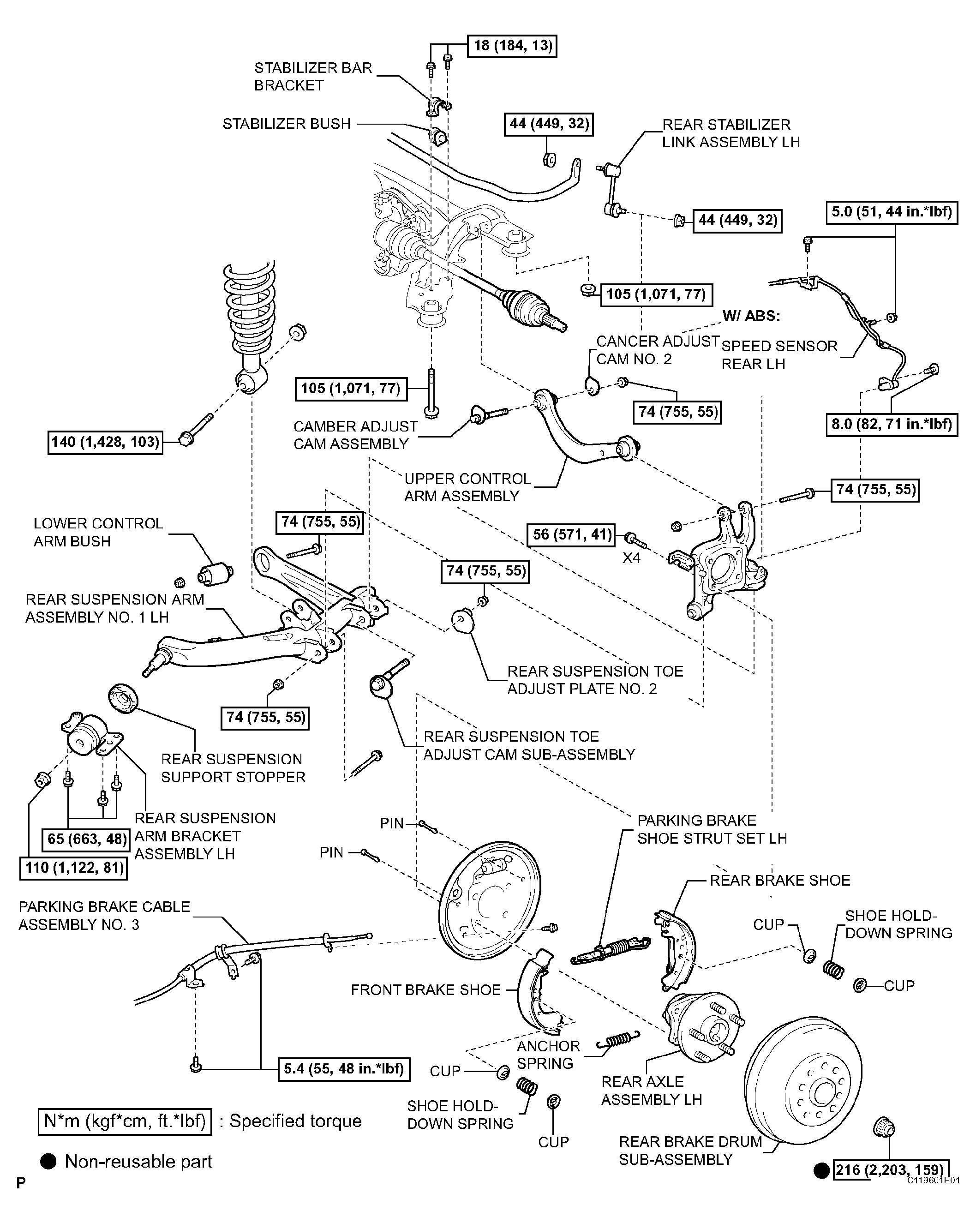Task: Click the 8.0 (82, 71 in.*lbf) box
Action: (892, 424)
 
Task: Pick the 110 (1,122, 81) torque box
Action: (74, 868)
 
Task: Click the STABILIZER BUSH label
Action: (287, 124)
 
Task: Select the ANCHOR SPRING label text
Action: (548, 1055)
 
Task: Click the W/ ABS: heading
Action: (751, 316)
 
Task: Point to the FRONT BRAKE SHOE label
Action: (425, 990)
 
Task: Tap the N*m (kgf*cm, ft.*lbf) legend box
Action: (125, 1121)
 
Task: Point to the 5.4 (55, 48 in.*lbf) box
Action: (344, 1069)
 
